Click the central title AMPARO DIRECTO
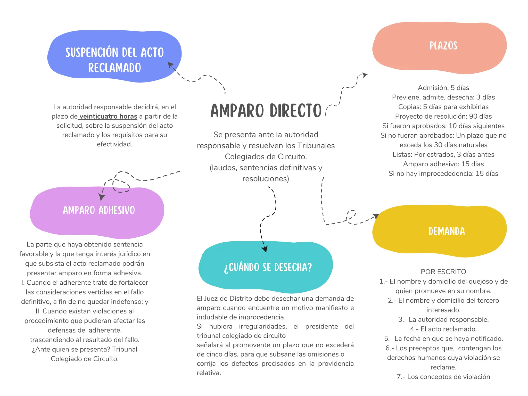(266, 111)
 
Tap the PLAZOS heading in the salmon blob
(443, 46)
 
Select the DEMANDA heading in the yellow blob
(447, 231)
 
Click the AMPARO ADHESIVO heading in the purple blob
(99, 210)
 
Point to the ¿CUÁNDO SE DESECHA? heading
(268, 267)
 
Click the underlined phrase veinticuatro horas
(108, 116)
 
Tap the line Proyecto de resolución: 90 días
(443, 116)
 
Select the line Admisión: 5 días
(443, 88)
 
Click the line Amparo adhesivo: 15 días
(443, 164)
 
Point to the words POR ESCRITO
(443, 272)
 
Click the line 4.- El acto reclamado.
(443, 329)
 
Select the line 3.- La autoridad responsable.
(443, 319)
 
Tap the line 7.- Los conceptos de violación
(443, 377)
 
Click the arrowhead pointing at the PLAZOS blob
(365, 75)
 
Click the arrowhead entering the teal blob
(265, 249)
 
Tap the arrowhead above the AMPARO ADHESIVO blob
(102, 197)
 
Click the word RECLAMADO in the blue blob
(114, 68)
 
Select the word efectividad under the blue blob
(114, 144)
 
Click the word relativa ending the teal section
(209, 373)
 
